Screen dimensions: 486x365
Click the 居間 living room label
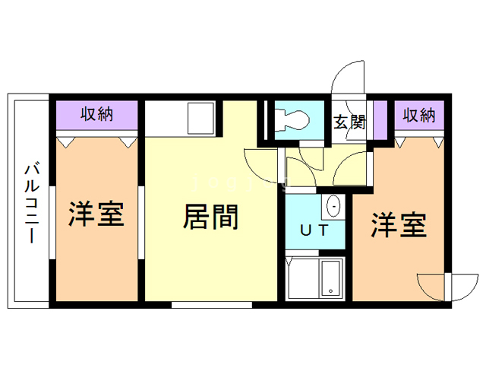(x=211, y=217)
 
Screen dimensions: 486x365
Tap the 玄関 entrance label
(x=349, y=122)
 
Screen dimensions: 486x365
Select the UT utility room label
(x=314, y=230)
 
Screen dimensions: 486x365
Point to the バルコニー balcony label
(x=32, y=203)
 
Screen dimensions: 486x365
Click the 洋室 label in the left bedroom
(x=96, y=214)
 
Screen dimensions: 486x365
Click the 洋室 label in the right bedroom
(x=399, y=225)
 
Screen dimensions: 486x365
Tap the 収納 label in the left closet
(x=97, y=114)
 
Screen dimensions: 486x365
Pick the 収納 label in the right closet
(x=419, y=116)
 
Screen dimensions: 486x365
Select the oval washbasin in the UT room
(x=334, y=206)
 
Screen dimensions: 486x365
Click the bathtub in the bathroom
(x=331, y=278)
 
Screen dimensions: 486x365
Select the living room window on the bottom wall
(x=212, y=305)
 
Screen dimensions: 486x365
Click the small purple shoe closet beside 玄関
(x=380, y=120)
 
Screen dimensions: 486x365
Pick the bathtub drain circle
(x=331, y=291)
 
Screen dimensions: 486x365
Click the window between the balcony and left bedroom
(x=52, y=222)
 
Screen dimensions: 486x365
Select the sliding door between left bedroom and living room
(x=141, y=222)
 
